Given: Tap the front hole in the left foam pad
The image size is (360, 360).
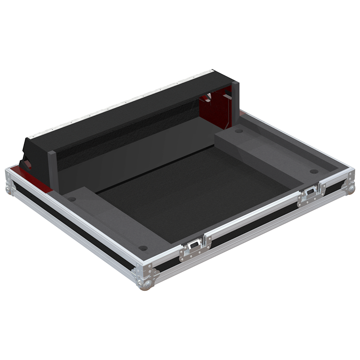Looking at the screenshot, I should [x=143, y=248].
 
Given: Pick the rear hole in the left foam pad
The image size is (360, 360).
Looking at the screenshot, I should [x=72, y=199].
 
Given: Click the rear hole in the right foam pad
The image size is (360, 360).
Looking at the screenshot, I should [x=239, y=131].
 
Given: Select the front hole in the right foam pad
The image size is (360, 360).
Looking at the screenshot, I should [x=314, y=171].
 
